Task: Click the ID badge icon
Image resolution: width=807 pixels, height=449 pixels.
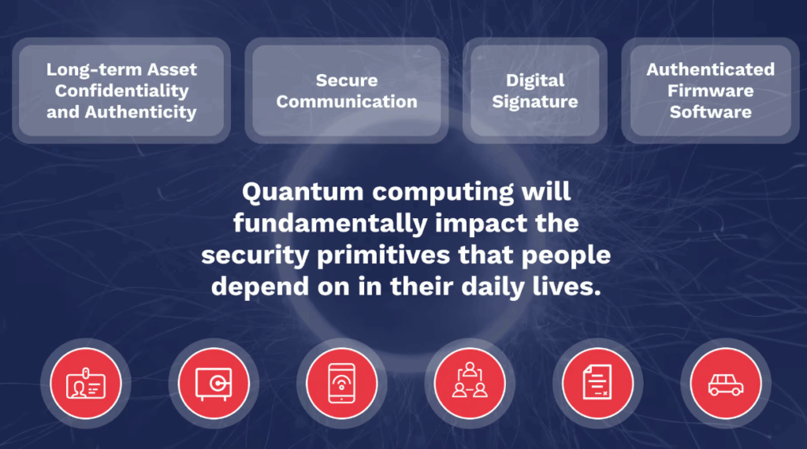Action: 86,383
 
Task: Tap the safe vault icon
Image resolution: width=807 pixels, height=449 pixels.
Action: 214,383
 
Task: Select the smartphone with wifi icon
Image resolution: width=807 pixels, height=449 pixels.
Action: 342,383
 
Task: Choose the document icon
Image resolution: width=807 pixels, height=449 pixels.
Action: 597,382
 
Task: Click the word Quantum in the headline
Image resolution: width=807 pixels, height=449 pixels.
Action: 303,192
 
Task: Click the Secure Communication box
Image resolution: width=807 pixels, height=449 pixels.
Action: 347,91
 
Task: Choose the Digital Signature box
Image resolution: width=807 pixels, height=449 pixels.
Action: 535,91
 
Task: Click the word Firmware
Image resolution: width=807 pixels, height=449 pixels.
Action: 710,91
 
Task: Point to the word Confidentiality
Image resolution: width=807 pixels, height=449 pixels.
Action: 122,91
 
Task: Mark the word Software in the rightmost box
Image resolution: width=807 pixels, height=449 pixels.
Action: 710,112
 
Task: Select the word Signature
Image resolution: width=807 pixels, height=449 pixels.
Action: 535,102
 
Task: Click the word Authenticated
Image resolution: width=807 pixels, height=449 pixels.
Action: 710,69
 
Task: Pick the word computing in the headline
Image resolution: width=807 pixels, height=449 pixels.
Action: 443,193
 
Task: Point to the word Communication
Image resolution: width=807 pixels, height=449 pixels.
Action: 347,102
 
